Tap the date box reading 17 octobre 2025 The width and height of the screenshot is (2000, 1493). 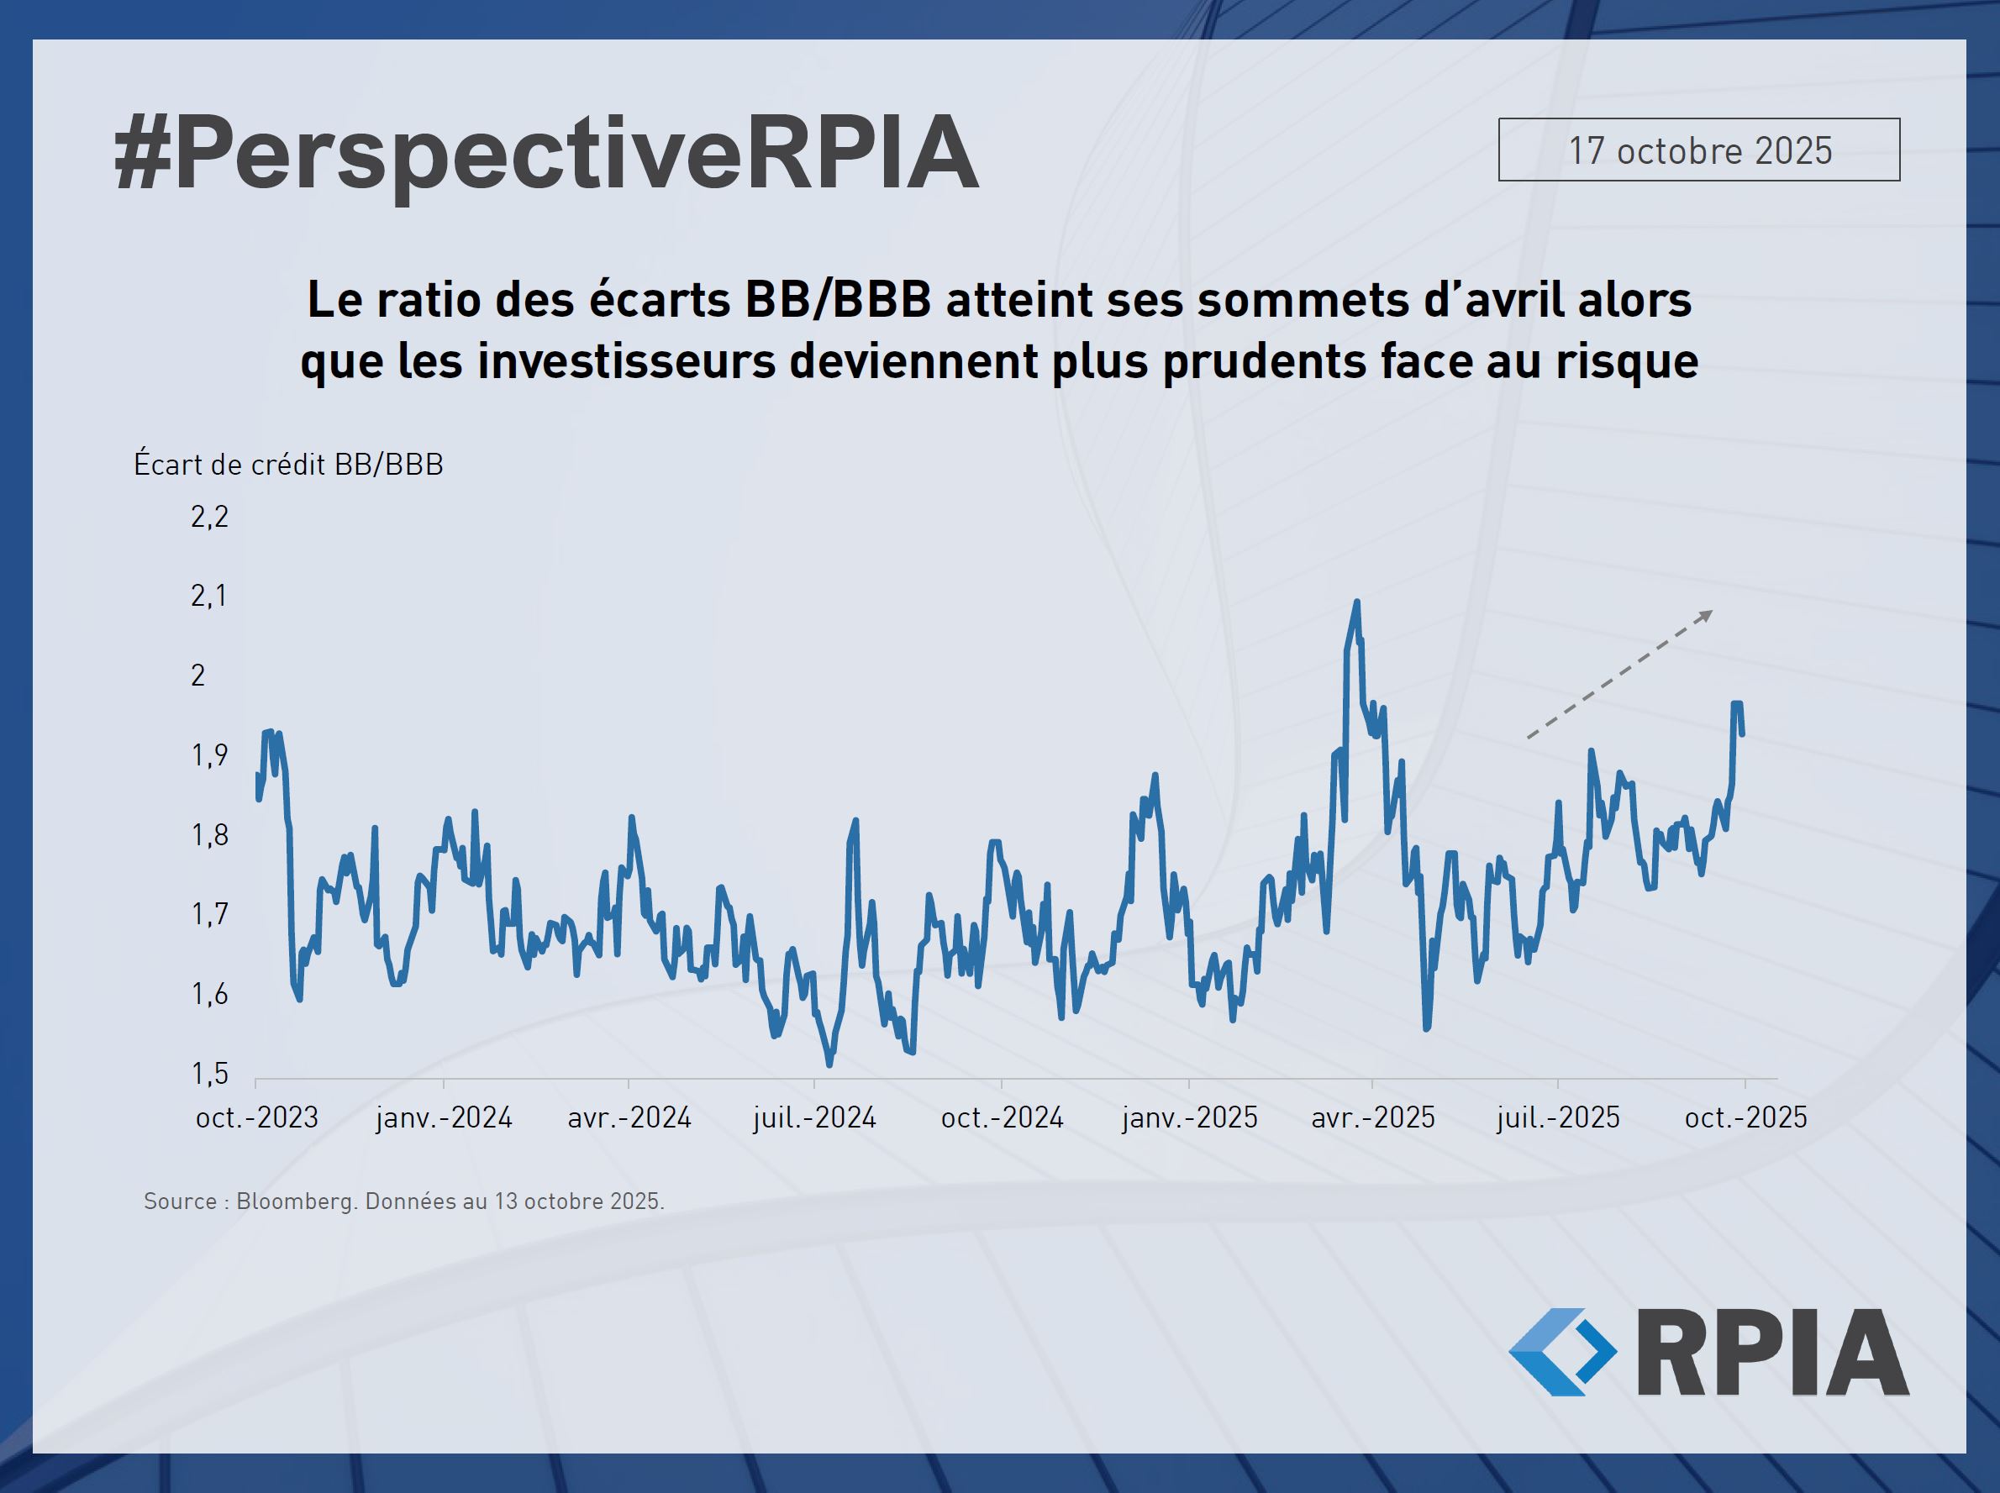coord(1699,150)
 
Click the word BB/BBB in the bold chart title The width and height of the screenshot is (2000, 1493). coord(837,300)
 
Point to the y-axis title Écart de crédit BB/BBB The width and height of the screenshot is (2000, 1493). coord(288,465)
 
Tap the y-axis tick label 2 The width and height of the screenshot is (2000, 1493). coord(199,676)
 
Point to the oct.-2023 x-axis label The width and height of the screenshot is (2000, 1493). coord(256,1118)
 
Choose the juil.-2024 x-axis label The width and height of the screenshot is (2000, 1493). coord(814,1118)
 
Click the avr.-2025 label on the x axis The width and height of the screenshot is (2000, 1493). coord(1373,1118)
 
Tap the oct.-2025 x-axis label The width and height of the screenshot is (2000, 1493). coord(1745,1118)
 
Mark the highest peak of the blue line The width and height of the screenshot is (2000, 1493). coord(1356,602)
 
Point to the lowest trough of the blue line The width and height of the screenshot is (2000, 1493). coord(829,1065)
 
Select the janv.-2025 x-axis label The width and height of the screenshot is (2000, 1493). coord(1189,1118)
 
